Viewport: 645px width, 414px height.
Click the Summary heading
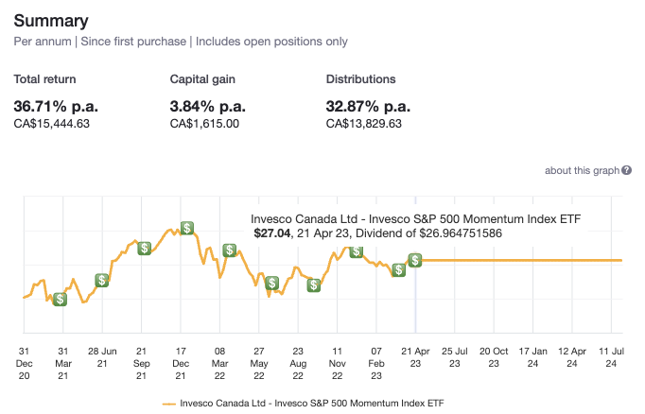point(51,20)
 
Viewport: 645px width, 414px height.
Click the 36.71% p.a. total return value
point(54,105)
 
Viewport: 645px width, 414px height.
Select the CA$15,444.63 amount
point(52,123)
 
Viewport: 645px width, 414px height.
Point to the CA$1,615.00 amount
point(204,123)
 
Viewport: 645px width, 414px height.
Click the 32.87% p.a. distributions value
point(368,105)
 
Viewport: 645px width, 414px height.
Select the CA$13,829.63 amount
point(364,123)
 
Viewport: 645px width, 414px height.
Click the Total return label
point(45,79)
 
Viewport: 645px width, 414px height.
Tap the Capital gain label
point(203,79)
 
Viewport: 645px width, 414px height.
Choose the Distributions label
point(360,79)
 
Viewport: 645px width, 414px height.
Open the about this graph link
point(581,170)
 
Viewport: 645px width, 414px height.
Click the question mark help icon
point(626,170)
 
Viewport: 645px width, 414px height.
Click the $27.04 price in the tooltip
point(273,233)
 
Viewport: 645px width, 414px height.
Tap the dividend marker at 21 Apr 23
point(415,260)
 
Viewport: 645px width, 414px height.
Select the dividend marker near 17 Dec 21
point(187,228)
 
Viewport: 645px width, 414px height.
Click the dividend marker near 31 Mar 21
point(60,299)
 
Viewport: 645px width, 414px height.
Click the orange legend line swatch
point(169,402)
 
